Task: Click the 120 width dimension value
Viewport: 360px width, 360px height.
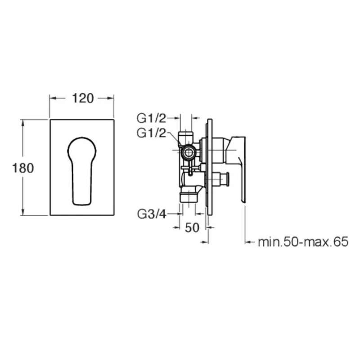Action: tap(83, 98)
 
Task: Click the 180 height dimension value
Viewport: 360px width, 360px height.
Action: tap(23, 168)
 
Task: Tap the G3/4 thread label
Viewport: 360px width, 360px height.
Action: tap(152, 214)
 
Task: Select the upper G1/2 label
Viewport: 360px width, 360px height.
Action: tap(151, 118)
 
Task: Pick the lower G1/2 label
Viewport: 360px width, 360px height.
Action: tap(151, 133)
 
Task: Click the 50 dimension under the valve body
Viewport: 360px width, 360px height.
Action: tap(192, 228)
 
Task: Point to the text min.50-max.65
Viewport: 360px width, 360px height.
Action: tap(303, 242)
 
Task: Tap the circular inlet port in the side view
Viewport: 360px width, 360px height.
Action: tap(189, 152)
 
